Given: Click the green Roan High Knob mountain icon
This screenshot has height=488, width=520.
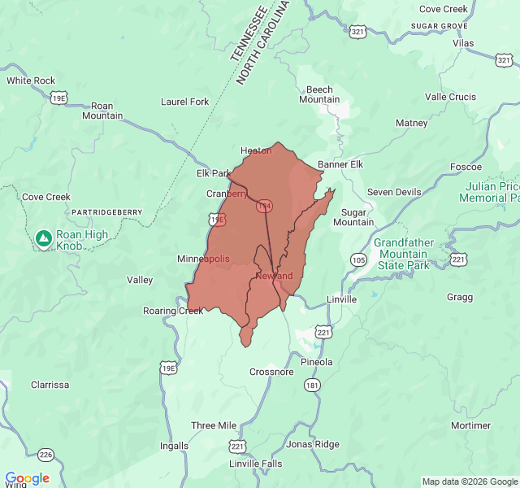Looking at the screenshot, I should [x=43, y=238].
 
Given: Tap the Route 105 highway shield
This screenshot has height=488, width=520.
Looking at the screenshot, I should [x=358, y=259].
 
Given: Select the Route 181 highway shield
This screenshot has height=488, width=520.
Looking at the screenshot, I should [x=313, y=385].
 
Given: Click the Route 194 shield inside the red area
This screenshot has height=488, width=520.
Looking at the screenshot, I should [x=264, y=207].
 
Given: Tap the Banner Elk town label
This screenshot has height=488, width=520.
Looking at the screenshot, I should [x=340, y=164].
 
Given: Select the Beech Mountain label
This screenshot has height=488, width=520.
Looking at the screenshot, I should [x=319, y=94].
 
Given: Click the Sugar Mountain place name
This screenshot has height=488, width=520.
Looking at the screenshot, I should [x=353, y=216].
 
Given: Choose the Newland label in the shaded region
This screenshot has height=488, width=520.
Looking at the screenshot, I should [x=274, y=276].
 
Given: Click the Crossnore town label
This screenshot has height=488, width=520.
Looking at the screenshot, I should [x=271, y=372].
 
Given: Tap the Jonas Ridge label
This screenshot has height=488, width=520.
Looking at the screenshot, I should [x=312, y=444].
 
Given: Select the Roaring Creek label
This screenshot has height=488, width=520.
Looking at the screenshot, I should [x=173, y=311].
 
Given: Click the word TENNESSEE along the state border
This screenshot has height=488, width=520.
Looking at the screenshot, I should [x=249, y=34].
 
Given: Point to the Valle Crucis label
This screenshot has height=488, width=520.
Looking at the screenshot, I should [x=450, y=97].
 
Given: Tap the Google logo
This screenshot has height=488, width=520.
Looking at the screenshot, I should [x=27, y=478].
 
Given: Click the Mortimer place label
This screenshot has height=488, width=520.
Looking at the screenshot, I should [x=470, y=425].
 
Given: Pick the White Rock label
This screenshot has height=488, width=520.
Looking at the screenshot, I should [x=31, y=81].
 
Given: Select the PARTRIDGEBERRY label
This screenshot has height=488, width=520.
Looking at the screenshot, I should [x=107, y=212].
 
